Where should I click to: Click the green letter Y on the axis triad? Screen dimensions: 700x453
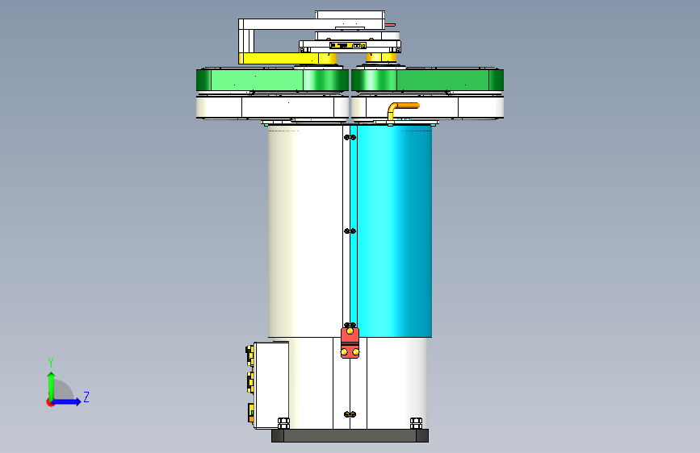click(51, 363)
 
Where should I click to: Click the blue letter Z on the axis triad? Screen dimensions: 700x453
click(86, 397)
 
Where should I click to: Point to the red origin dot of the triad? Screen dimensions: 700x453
click(50, 402)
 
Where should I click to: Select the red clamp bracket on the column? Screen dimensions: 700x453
click(350, 343)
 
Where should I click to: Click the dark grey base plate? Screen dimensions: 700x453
click(350, 435)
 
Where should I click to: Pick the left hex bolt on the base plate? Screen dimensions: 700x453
click(283, 423)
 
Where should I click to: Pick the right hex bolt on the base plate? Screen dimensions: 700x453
click(416, 423)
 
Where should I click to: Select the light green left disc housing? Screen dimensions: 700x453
click(272, 81)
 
